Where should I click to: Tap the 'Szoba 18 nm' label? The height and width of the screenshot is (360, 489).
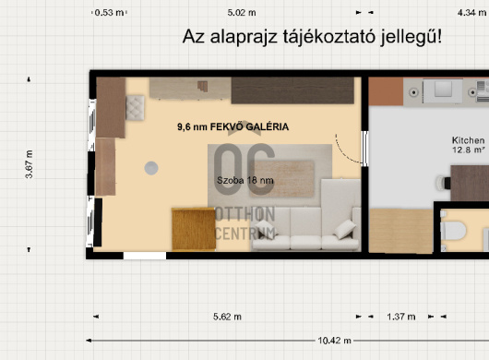245,180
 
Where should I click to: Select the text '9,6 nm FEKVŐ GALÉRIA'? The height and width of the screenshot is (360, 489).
233,127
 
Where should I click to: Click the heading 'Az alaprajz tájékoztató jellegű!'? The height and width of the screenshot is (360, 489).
311,38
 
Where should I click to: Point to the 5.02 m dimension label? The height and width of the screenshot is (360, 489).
241,13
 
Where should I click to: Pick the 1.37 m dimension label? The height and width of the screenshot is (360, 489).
400,317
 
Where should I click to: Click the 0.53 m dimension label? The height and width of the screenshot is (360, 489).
110,13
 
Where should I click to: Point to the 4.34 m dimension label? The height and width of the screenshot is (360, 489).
471,13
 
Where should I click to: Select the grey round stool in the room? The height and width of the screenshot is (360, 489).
149,168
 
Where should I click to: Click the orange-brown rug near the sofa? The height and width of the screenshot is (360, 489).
193,226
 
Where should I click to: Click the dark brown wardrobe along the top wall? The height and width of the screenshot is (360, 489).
292,90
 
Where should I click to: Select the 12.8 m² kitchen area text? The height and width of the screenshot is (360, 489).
468,149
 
